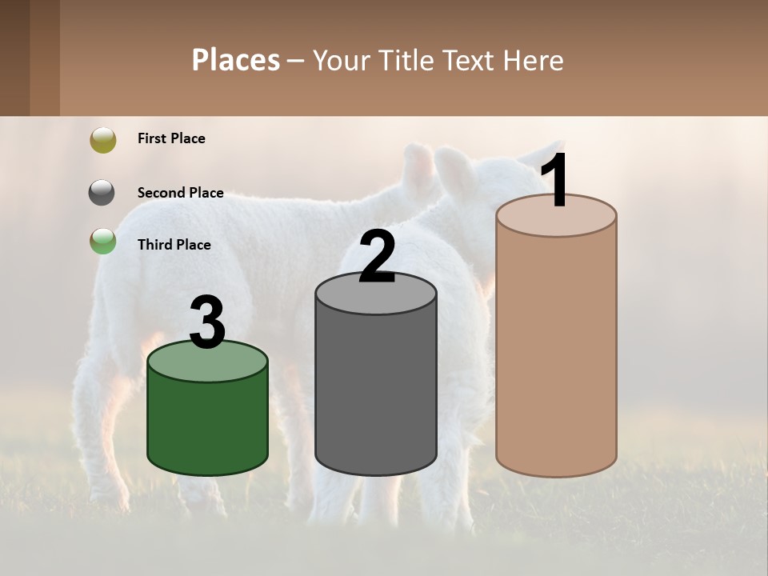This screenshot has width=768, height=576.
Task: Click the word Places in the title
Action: coord(236,60)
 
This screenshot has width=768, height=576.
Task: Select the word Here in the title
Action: coord(533,60)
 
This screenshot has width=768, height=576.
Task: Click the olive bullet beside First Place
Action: coord(103,139)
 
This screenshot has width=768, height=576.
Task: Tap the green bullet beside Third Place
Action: coord(103,241)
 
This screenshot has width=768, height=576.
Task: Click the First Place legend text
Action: coord(171,138)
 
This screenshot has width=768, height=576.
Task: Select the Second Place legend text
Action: coord(180,193)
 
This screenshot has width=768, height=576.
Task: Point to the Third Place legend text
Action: coord(174,245)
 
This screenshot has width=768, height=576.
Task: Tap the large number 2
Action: coord(378,257)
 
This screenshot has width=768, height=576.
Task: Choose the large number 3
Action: coord(207,322)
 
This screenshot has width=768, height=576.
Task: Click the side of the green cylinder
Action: coord(208,424)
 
